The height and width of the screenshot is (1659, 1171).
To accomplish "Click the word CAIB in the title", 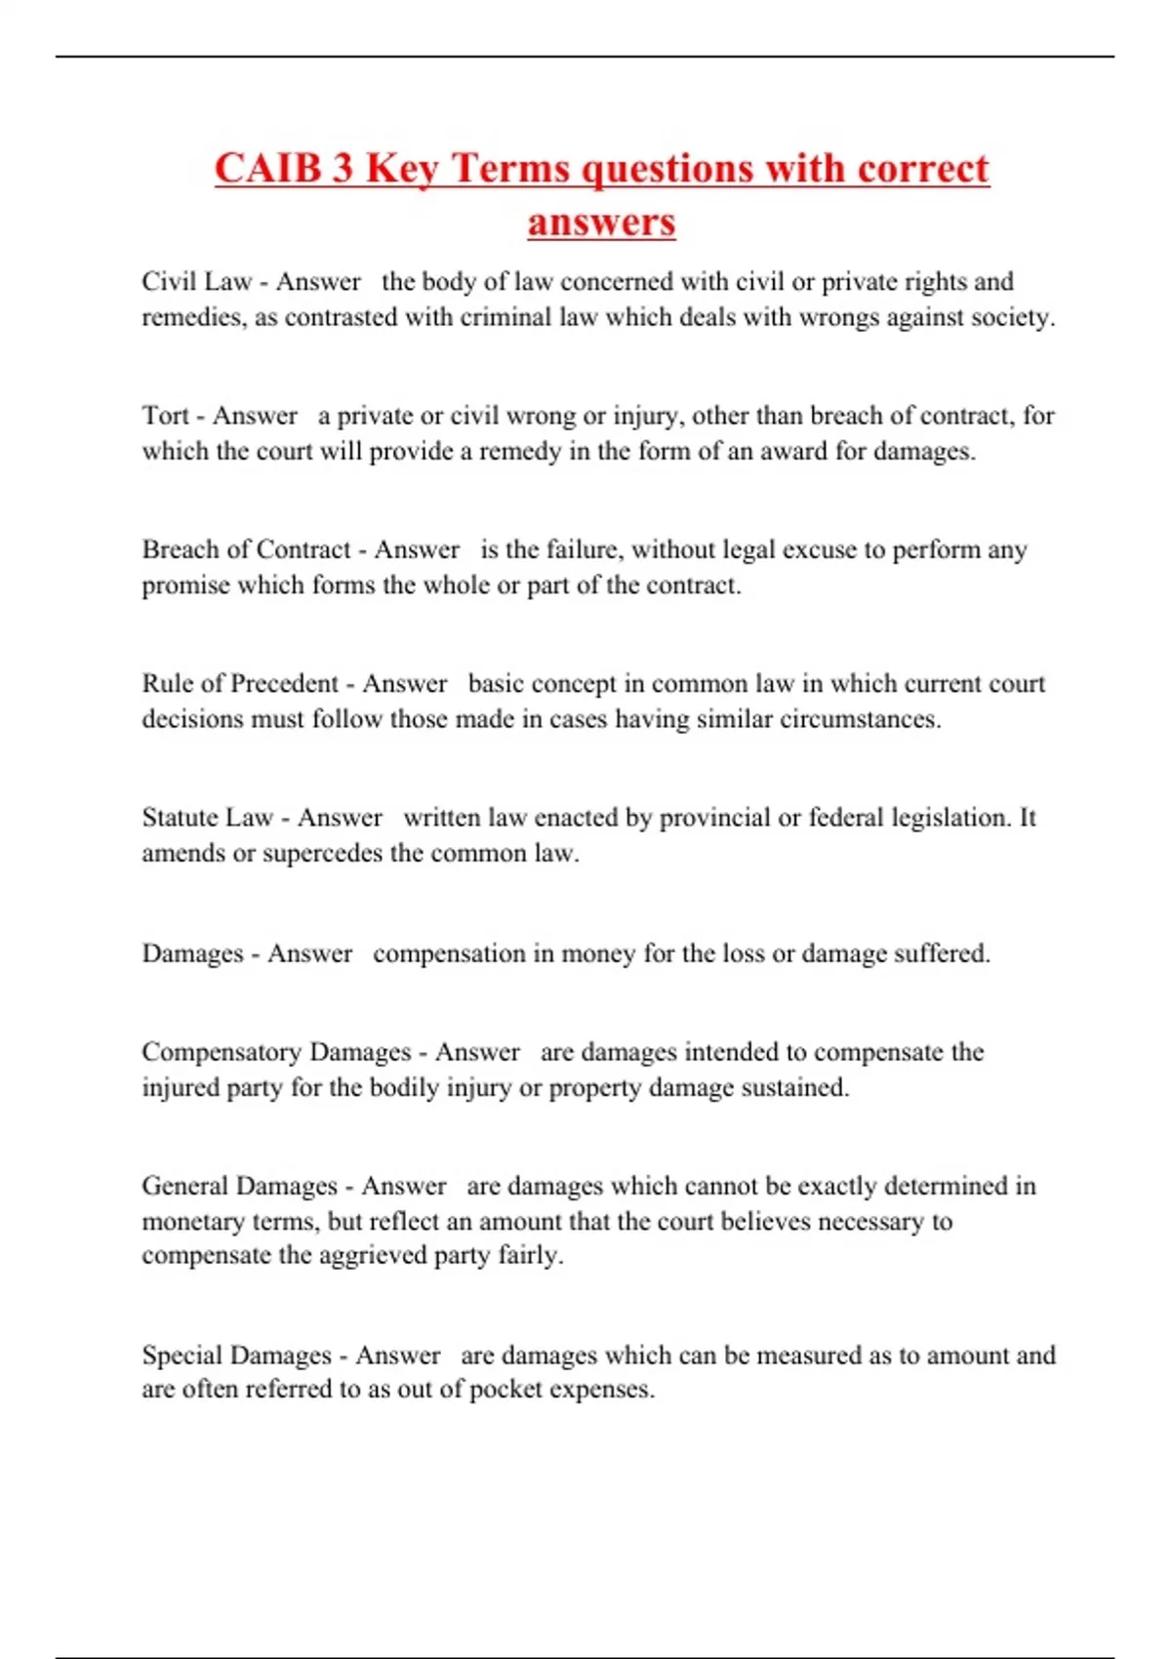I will pos(268,168).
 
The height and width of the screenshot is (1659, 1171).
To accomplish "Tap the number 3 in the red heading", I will pos(343,168).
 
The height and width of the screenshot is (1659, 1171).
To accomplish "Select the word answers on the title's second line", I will pos(601,222).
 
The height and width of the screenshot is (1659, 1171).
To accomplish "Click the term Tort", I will pos(165,416).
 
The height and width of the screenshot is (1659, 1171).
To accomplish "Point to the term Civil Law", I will pos(196,282).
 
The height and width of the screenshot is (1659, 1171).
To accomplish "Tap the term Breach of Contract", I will pos(246,549).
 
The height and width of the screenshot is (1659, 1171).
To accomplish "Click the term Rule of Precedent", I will pos(240,683).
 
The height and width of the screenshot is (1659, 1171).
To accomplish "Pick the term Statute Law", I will pos(207,817).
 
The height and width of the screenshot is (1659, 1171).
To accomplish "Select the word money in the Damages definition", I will pos(597,953).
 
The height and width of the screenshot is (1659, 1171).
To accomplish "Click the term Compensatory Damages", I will pos(276,1052).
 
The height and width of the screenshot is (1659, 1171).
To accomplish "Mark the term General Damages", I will pos(239,1186).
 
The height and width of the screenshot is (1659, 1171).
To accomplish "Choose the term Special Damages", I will pos(236,1356).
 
